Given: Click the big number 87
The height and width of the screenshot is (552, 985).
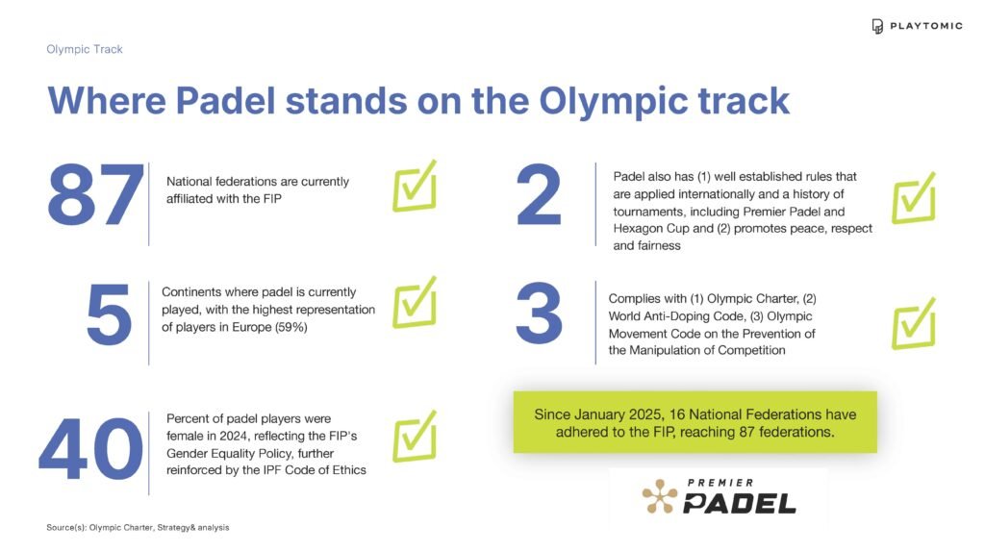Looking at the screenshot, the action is [95, 194].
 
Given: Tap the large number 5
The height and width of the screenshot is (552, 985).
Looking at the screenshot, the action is [109, 314].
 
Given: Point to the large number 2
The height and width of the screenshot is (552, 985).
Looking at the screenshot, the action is [539, 194].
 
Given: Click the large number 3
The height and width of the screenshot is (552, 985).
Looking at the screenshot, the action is [539, 314].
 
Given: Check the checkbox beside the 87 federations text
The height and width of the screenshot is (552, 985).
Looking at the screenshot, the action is [415, 187].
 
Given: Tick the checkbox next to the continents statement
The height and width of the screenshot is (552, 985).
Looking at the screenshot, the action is [415, 303].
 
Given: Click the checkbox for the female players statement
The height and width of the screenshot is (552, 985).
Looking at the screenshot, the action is [415, 437].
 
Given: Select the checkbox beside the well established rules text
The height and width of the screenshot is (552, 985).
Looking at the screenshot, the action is [914, 198].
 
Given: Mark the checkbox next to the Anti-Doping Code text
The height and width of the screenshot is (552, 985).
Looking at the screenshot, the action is [914, 323].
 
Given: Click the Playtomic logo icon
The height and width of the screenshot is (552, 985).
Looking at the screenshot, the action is [877, 26].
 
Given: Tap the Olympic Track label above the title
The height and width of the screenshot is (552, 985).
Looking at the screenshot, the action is [85, 49].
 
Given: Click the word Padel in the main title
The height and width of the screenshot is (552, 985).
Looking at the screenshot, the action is [225, 100].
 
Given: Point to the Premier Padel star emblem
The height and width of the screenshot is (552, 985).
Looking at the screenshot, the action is [660, 496].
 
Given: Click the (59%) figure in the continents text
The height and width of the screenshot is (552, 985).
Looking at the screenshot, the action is [290, 327].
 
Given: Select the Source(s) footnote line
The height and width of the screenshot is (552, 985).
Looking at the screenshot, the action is [138, 528].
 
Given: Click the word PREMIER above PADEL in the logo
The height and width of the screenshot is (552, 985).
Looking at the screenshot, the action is [720, 483].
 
